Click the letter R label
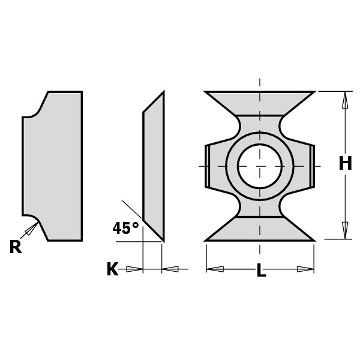(15, 247)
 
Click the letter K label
(112, 269)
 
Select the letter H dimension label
(345, 163)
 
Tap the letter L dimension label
(261, 271)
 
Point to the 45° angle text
(125, 229)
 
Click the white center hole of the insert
(259, 166)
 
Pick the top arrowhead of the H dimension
(345, 100)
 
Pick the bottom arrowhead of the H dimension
(345, 230)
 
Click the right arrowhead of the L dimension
(305, 269)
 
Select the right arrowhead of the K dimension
(170, 269)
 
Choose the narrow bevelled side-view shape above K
(154, 166)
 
